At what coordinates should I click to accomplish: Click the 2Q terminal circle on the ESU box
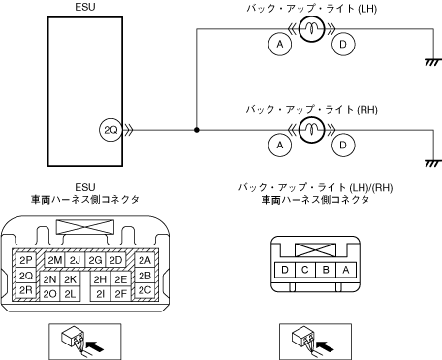tap(110, 130)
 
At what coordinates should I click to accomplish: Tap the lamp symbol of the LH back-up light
tap(311, 29)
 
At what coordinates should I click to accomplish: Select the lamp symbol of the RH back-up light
tap(311, 130)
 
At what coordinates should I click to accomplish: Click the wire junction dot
tap(197, 130)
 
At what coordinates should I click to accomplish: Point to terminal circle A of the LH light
tap(280, 44)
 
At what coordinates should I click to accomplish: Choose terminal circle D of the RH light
tap(343, 145)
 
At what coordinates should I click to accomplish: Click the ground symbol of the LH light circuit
tap(433, 62)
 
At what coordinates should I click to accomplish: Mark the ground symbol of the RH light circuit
tap(433, 163)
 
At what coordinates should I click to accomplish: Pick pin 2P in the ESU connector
tap(26, 260)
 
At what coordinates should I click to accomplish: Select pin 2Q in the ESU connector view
tap(26, 276)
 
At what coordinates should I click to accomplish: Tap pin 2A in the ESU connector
tap(144, 260)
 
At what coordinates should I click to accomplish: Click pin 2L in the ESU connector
tap(70, 294)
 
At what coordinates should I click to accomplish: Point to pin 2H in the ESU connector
tap(100, 279)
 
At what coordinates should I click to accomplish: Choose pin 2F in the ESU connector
tap(121, 294)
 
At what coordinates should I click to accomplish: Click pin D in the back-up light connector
tap(285, 270)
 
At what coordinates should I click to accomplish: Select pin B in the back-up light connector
tap(326, 270)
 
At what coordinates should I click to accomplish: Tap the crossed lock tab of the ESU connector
tap(85, 227)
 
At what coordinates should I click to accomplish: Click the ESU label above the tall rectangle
tap(85, 7)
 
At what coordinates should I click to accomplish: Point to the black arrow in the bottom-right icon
tap(325, 345)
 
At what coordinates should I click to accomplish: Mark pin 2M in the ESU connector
tap(54, 260)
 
